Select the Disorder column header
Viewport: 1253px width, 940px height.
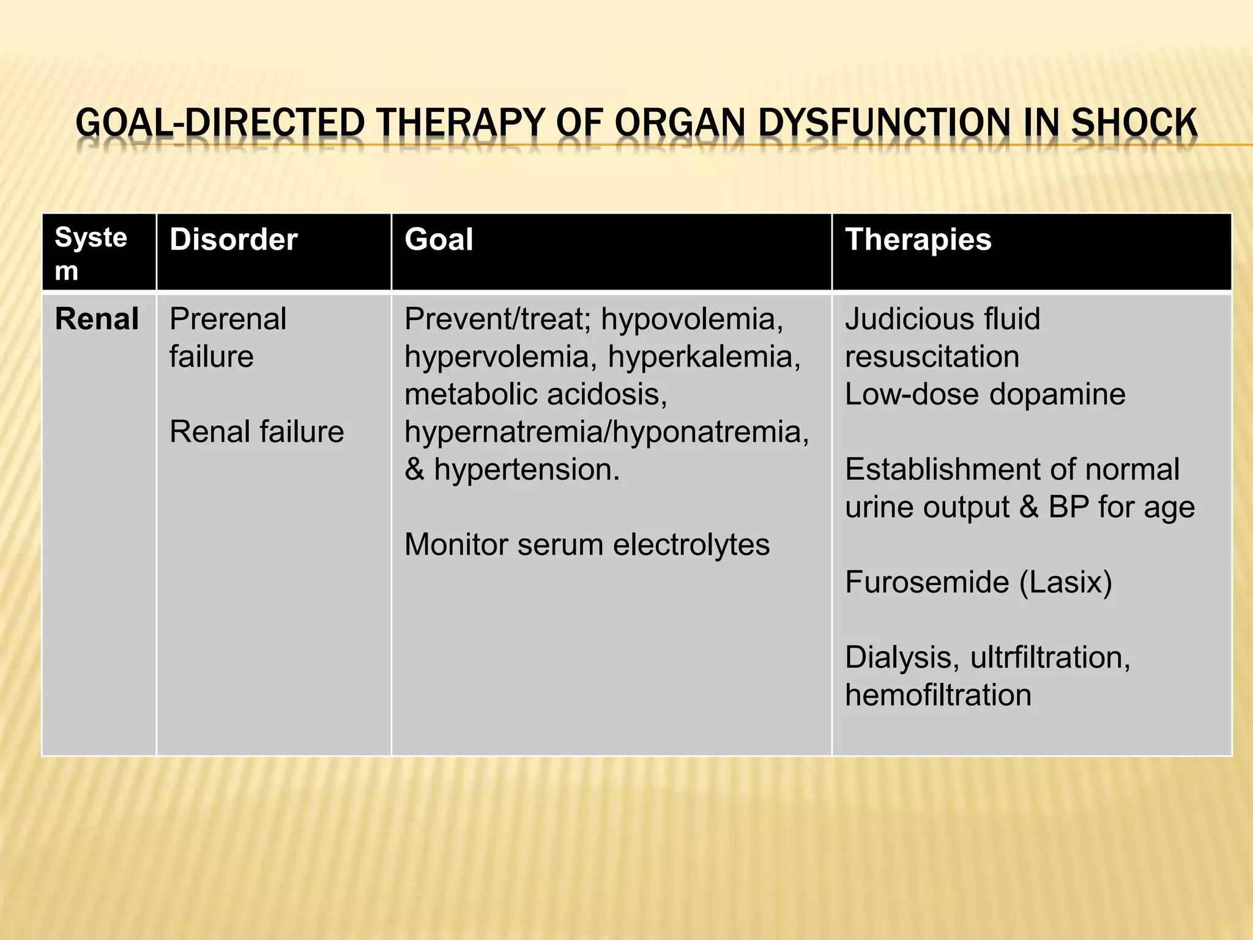(233, 239)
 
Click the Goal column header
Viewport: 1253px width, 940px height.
(439, 239)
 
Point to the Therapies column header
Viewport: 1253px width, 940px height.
(918, 239)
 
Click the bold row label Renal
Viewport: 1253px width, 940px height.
(97, 319)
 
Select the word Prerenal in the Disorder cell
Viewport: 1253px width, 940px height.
(228, 319)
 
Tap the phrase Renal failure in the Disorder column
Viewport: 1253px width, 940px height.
(256, 431)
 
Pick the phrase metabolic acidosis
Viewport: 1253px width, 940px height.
(535, 394)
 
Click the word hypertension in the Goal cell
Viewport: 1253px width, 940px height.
(526, 469)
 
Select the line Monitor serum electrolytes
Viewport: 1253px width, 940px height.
(587, 545)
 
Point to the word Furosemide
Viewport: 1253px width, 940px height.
(926, 582)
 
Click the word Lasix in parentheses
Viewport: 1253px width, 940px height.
(1065, 582)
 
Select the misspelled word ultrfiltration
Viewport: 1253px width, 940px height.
(1050, 657)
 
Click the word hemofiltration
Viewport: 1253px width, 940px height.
(938, 695)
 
